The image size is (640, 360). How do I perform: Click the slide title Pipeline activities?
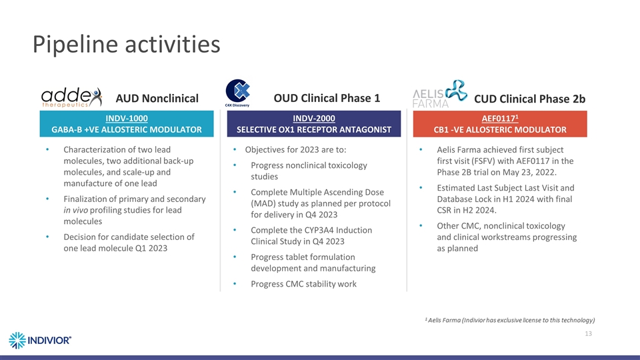click(126, 45)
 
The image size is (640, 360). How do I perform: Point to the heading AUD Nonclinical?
click(157, 99)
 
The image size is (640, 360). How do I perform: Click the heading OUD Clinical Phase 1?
click(327, 98)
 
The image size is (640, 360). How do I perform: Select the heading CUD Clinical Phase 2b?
click(530, 99)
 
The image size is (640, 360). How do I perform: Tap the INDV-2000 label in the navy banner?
click(314, 118)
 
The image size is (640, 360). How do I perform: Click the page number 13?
click(588, 333)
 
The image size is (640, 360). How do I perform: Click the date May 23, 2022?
click(529, 172)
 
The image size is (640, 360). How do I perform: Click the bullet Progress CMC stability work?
click(303, 284)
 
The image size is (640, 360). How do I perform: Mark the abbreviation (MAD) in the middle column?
click(265, 203)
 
